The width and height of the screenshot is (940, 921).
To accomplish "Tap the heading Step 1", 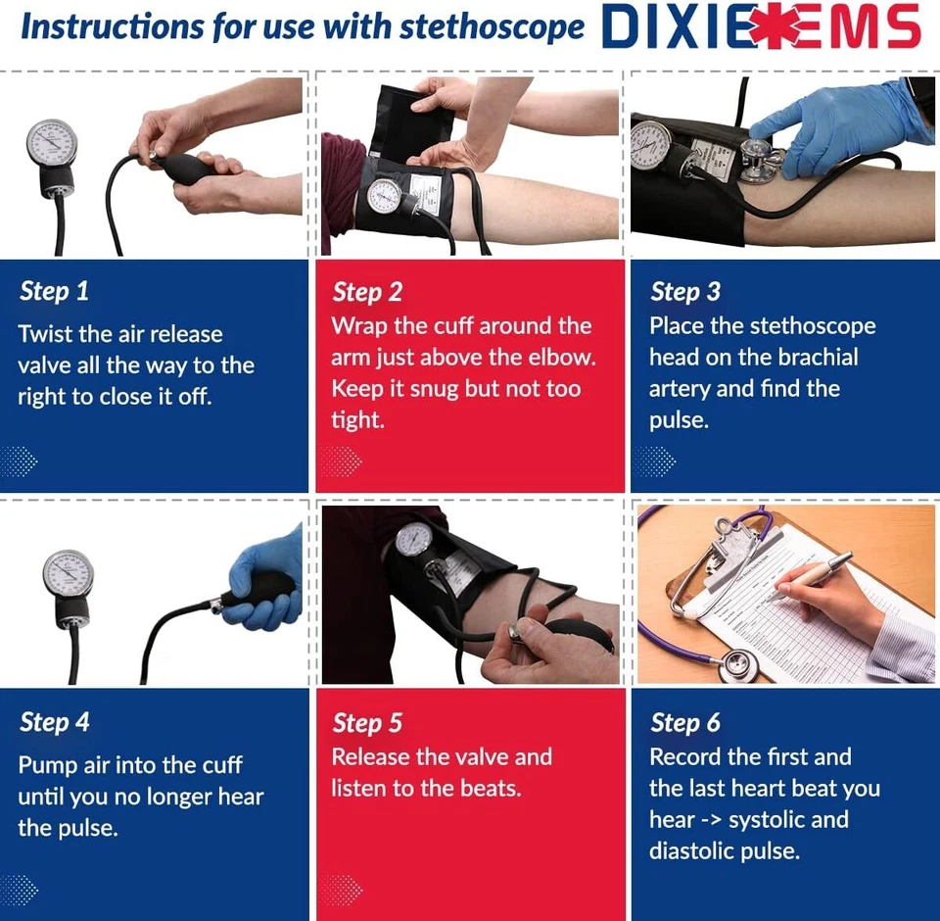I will coord(54,291).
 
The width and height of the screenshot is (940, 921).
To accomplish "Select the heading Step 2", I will coord(367,292).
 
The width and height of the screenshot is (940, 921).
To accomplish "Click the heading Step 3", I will coord(684,292).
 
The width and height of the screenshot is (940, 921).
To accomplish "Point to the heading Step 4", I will coord(55,723).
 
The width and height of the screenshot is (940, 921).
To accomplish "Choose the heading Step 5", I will coord(367,724).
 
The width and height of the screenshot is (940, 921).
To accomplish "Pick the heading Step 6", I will coord(684,724).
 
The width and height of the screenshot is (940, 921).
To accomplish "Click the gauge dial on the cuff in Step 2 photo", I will coord(385,195).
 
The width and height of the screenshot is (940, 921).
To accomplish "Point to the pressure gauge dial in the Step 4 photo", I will coord(68,573).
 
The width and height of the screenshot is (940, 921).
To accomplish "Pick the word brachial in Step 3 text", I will coord(808,357).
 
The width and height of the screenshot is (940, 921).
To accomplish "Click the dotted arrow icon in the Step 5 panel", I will coord(340,890).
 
